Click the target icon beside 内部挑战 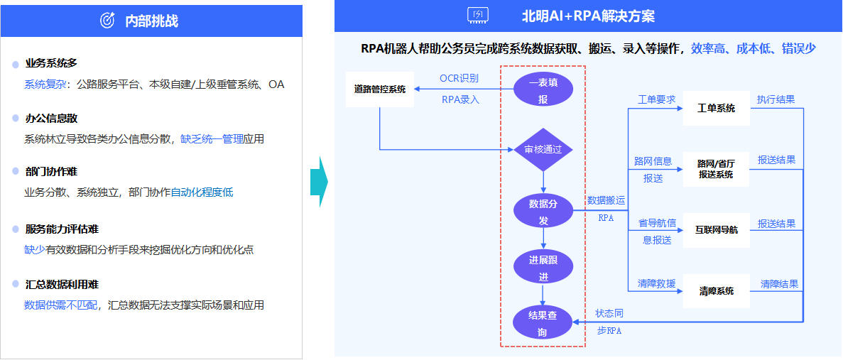[107, 21]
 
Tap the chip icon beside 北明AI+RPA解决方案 [477, 16]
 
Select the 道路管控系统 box [379, 89]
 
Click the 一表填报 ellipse [543, 90]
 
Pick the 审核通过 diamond [543, 149]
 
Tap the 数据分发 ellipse [543, 212]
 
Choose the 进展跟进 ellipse [543, 268]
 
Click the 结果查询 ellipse [543, 323]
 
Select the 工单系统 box [716, 109]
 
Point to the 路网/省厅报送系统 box [716, 169]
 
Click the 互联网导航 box [716, 230]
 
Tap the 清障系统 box [716, 291]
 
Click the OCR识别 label [459, 78]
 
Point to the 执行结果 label [776, 99]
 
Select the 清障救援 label [656, 283]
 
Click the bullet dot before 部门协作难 [16, 173]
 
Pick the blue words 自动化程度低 [202, 192]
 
